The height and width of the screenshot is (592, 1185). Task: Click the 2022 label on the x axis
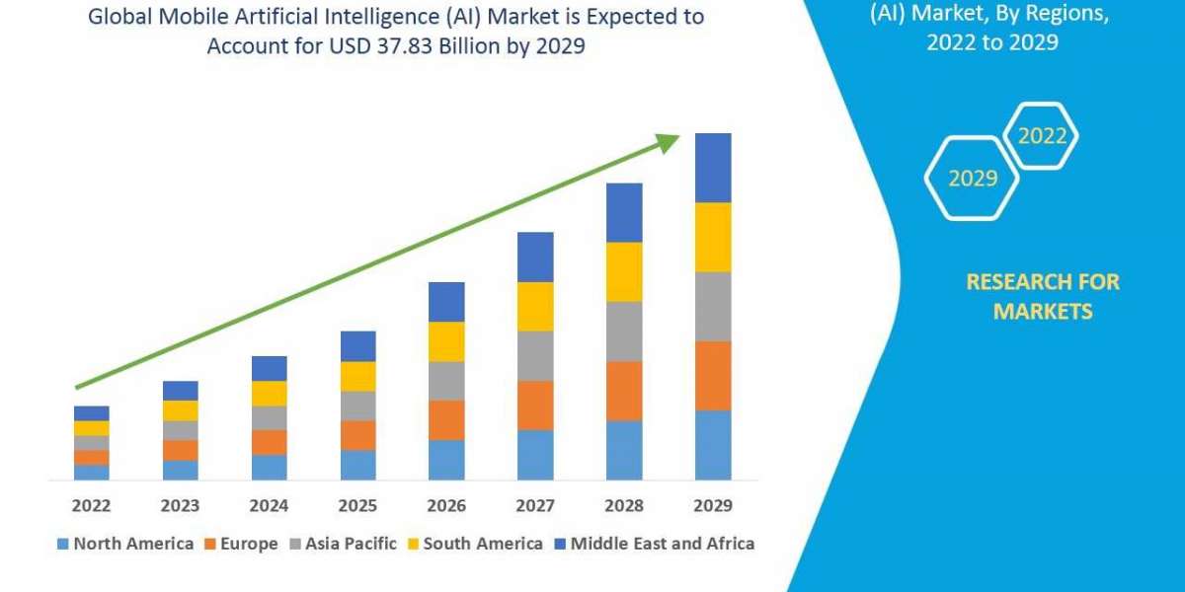91,506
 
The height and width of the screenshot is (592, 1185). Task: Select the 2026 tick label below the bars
446,506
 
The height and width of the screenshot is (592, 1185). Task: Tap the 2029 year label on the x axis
713,506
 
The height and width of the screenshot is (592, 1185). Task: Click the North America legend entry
125,544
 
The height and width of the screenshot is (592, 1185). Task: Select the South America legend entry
474,544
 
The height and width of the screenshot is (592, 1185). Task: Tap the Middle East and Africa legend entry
653,544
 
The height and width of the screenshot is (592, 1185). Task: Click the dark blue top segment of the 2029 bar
713,168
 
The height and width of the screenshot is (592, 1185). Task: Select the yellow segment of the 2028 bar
624,271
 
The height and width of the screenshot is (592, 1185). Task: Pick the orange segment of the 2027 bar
535,405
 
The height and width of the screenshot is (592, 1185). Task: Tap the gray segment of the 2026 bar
446,380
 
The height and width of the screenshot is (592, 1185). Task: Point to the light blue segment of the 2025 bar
357,465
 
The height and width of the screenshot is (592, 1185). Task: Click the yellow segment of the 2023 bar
180,410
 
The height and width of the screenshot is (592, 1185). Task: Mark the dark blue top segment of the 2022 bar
91,412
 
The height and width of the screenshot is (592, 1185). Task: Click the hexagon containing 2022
1041,136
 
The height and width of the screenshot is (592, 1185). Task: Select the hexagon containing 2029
972,179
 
